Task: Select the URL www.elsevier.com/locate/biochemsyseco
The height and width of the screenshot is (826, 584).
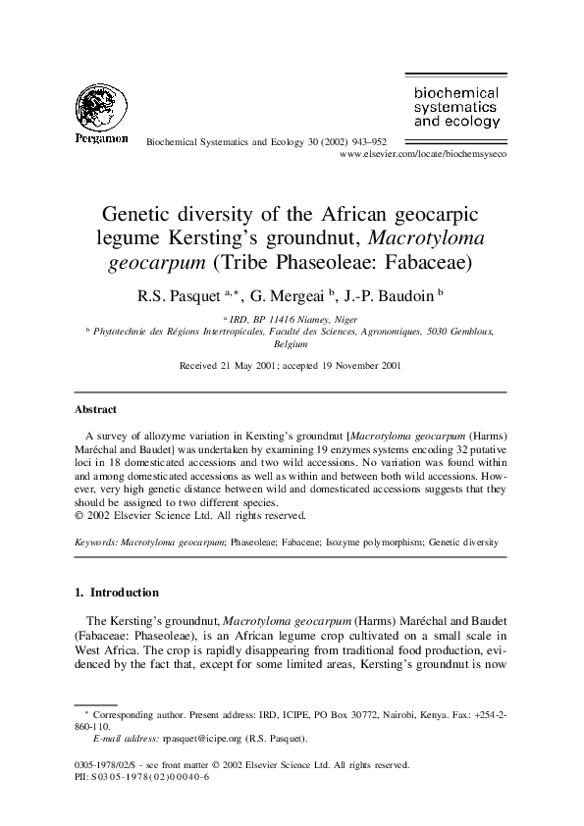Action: coord(422,155)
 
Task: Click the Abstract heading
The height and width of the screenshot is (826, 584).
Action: coord(96,409)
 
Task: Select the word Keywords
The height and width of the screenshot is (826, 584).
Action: coord(96,542)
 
